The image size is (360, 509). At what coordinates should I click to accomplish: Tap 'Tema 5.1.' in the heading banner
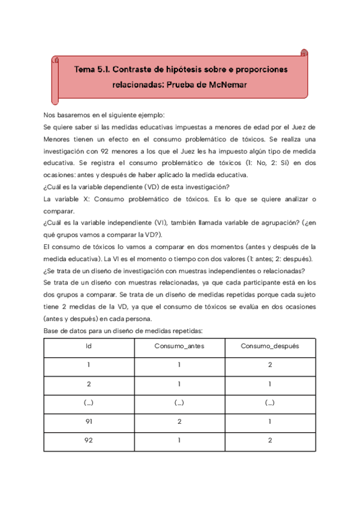pyautogui.click(x=93, y=70)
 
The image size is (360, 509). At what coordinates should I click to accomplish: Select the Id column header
pyautogui.click(x=89, y=346)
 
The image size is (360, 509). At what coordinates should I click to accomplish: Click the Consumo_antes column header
pyautogui.click(x=179, y=346)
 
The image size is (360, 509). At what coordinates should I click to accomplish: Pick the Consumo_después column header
pyautogui.click(x=270, y=346)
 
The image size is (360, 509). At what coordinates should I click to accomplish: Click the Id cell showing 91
pyautogui.click(x=89, y=422)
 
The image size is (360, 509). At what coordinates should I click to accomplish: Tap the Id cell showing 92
pyautogui.click(x=89, y=441)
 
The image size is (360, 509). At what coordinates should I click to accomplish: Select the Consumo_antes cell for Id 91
pyautogui.click(x=179, y=422)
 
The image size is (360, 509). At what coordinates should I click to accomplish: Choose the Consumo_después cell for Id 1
pyautogui.click(x=270, y=364)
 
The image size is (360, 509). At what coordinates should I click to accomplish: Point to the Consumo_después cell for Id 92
pyautogui.click(x=270, y=441)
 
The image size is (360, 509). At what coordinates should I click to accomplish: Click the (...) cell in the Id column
pyautogui.click(x=89, y=403)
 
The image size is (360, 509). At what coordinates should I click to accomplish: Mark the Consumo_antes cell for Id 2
pyautogui.click(x=179, y=384)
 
